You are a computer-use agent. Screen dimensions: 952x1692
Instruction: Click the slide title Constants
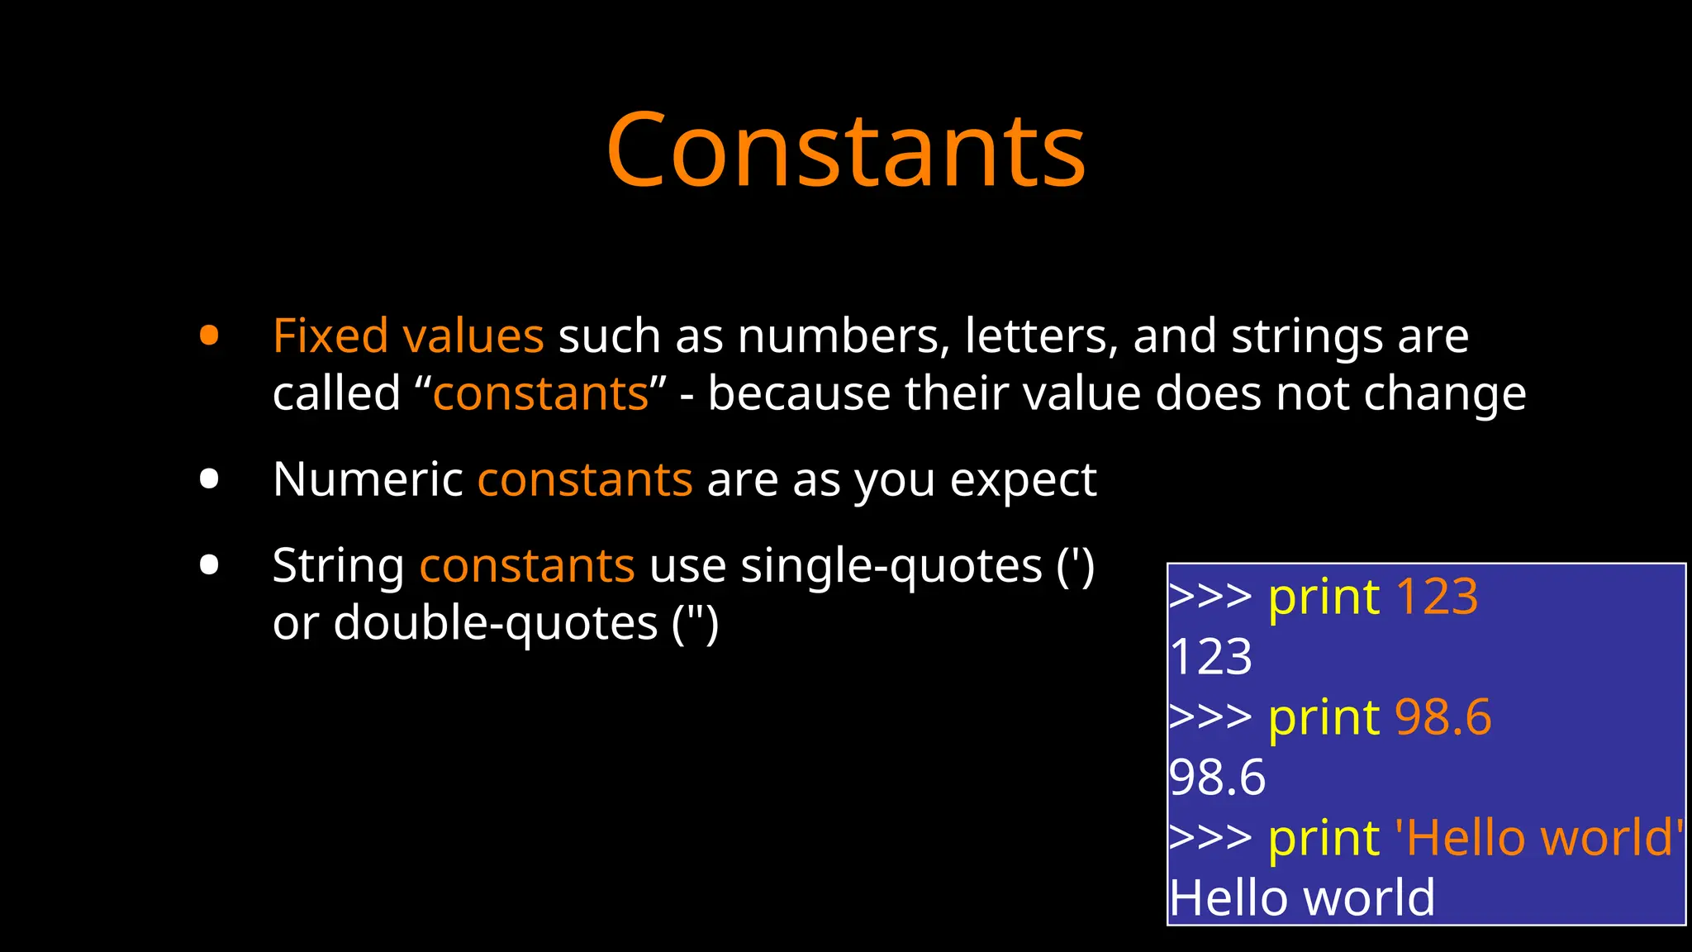tap(845, 150)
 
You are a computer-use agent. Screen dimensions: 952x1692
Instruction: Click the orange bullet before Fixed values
tap(209, 336)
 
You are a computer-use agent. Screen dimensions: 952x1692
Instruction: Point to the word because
tap(798, 393)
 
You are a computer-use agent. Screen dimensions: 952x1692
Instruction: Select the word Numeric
tap(368, 479)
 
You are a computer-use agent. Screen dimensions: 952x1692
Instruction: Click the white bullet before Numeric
tap(209, 479)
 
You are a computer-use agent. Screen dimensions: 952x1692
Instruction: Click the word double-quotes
tap(495, 624)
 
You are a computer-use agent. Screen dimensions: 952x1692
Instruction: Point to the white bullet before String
tap(209, 565)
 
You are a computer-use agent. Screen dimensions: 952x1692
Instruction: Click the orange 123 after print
tap(1437, 597)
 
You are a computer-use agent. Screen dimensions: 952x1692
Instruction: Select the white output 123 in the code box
tap(1211, 658)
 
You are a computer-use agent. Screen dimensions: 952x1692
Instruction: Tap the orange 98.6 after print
tap(1442, 717)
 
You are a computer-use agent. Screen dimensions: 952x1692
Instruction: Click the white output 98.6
tap(1217, 778)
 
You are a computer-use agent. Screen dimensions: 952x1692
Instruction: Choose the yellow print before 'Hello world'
tap(1324, 839)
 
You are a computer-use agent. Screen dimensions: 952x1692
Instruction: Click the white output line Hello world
tap(1302, 898)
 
